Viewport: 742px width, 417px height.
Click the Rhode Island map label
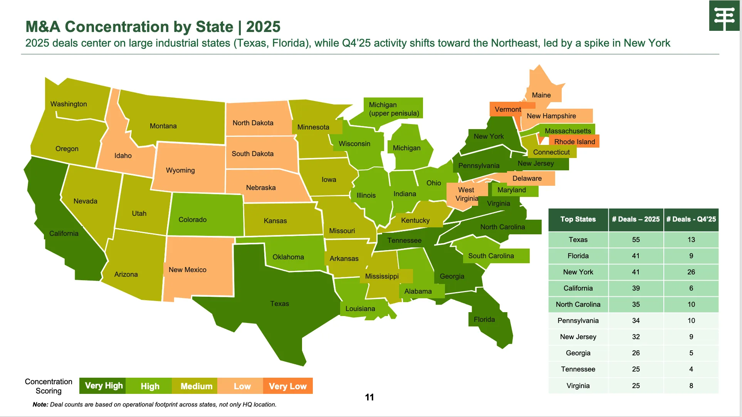[574, 142]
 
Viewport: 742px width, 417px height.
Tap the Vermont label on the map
[508, 109]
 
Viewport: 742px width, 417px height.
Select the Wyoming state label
[180, 170]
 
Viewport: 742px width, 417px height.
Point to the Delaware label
[527, 178]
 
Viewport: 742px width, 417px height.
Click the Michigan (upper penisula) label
[393, 109]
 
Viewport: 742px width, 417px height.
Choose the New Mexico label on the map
[188, 270]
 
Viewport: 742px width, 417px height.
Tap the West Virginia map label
[467, 194]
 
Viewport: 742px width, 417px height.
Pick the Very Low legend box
[288, 386]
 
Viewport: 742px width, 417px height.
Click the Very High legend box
[103, 386]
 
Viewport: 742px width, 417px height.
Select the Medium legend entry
[196, 386]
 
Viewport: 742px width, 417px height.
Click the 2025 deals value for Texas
[636, 240]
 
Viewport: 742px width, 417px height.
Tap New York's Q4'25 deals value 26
[691, 272]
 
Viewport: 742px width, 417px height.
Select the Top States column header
[578, 219]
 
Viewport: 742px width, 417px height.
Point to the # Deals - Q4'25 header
[691, 219]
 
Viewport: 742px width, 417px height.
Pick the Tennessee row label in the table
[578, 369]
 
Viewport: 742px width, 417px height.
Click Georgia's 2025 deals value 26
[636, 353]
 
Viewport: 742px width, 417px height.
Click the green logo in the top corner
[724, 16]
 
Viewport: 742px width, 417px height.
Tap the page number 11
[369, 397]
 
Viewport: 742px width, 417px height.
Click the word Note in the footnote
[40, 405]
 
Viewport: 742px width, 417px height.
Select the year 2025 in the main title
[263, 27]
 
